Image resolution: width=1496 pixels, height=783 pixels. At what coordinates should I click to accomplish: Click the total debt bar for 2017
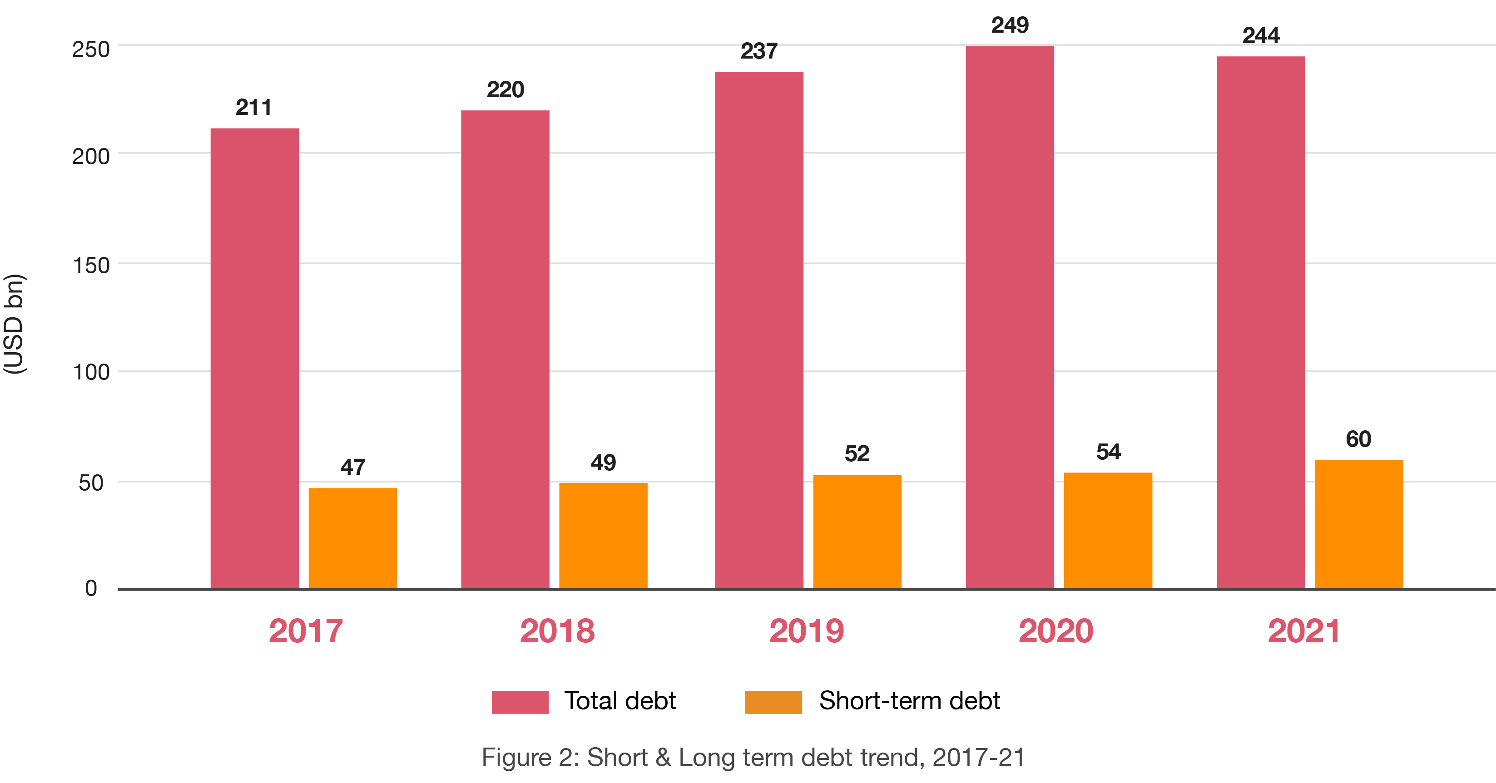click(x=254, y=358)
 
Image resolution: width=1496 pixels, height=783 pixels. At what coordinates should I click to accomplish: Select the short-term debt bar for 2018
click(x=603, y=536)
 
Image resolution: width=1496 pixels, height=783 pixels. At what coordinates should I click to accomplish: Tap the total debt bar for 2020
click(x=1010, y=317)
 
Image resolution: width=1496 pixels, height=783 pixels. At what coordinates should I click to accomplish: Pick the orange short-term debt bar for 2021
click(x=1358, y=524)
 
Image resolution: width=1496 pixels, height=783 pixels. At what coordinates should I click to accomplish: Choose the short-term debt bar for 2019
click(x=857, y=532)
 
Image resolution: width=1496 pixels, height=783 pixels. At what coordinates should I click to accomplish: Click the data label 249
click(x=1010, y=25)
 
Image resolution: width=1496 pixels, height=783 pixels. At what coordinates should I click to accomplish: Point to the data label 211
click(x=254, y=108)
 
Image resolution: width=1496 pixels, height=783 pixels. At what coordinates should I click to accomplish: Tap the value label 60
click(x=1358, y=439)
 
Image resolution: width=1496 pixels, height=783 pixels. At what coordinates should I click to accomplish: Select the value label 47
click(x=352, y=467)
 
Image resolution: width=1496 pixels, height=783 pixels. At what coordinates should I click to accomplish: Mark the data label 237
click(x=758, y=51)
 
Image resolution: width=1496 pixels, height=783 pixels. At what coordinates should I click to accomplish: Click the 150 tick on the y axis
click(x=91, y=265)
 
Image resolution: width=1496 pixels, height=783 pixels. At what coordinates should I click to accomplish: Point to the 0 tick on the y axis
click(x=91, y=588)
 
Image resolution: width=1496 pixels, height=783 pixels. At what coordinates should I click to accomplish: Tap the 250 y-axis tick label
click(x=91, y=49)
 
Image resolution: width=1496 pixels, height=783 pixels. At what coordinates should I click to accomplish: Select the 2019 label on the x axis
click(x=806, y=631)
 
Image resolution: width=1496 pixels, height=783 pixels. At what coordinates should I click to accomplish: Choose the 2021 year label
click(x=1304, y=631)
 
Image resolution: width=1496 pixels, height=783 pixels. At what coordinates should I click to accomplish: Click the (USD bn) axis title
click(x=14, y=324)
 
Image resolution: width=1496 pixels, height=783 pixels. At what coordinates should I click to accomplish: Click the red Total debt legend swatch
click(x=520, y=702)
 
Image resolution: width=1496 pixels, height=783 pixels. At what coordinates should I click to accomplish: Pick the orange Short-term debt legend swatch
click(x=773, y=702)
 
